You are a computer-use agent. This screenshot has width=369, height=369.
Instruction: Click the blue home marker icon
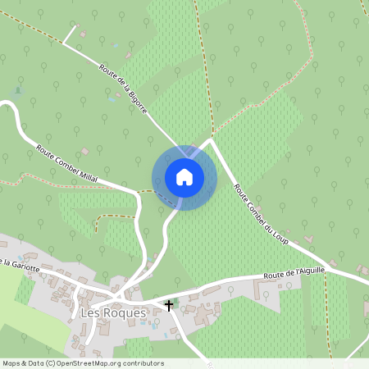click(x=184, y=177)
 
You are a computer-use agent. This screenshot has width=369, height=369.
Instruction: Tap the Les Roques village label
click(x=113, y=312)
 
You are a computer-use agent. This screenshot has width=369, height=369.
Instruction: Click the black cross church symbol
click(x=170, y=306)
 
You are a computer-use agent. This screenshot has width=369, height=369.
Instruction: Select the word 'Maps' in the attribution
click(x=12, y=363)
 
